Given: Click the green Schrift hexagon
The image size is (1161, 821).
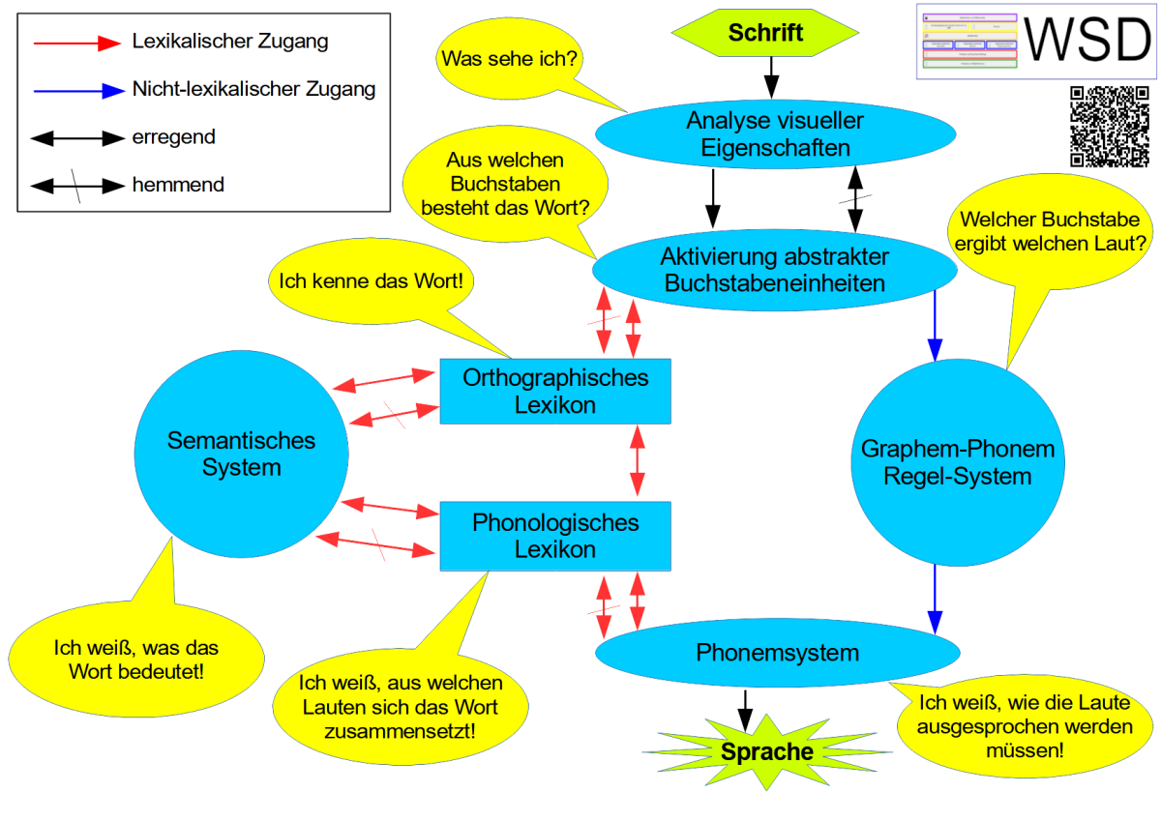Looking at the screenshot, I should click(765, 33).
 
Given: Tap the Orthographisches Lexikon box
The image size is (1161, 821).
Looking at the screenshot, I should click(554, 391).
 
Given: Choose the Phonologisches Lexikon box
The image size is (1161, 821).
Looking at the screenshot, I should click(554, 536).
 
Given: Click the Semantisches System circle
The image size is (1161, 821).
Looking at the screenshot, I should click(241, 454).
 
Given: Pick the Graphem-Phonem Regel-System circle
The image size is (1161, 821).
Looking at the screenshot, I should click(957, 463).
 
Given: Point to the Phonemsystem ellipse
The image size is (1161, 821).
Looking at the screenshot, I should click(777, 653).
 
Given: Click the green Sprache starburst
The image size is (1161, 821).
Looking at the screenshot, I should click(765, 751).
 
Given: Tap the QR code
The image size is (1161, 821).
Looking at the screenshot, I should click(1110, 126).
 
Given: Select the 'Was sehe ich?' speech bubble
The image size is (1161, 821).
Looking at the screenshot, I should click(509, 59).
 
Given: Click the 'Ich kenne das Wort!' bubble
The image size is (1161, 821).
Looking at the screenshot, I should click(372, 283).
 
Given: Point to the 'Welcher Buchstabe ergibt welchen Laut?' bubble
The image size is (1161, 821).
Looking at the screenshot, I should click(1051, 232).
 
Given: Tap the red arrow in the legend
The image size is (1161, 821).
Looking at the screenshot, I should click(78, 43).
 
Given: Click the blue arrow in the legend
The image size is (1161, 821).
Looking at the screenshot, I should click(78, 91).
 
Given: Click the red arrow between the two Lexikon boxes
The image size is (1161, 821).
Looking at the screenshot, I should click(638, 461).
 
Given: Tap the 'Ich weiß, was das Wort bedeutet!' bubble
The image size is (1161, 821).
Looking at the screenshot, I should click(136, 660).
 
